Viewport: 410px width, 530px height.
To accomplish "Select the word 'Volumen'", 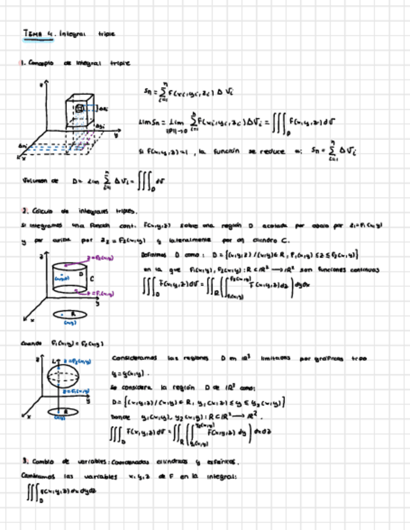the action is pyautogui.click(x=36, y=181).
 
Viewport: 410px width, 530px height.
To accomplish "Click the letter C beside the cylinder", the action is pyautogui.click(x=92, y=277).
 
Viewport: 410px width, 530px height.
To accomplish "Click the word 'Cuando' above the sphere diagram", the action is pyautogui.click(x=31, y=343).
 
